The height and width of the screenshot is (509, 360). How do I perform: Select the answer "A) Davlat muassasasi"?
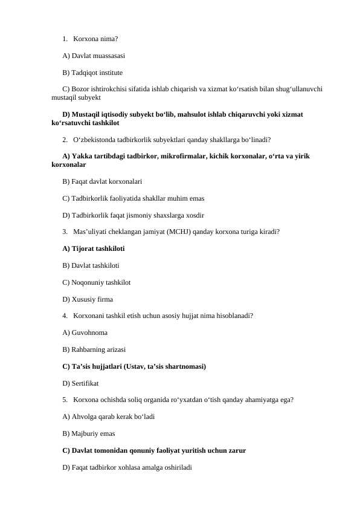94,56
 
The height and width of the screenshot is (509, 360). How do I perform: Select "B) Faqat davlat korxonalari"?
103,181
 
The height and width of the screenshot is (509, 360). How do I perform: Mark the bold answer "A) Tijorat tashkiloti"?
94,248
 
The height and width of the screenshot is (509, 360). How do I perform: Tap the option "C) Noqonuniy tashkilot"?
96,282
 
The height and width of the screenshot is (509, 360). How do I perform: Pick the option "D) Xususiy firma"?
88,299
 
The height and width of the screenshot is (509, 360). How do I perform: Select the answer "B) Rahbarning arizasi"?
94,349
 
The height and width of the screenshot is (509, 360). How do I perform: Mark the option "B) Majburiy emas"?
89,433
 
